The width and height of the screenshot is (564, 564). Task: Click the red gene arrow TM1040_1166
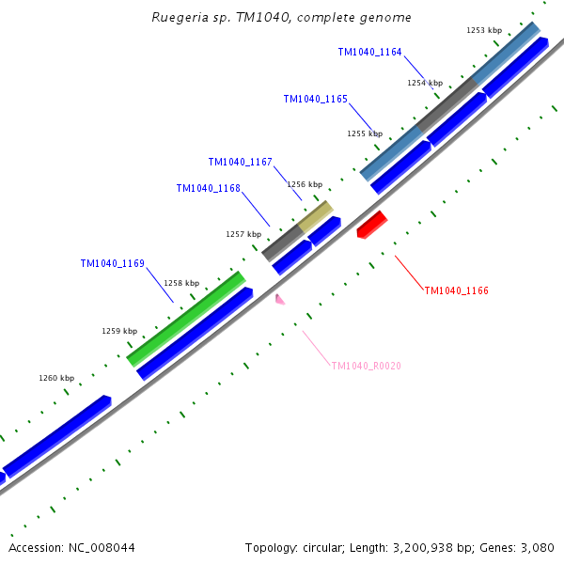click(372, 225)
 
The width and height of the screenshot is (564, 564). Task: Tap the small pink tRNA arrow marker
click(279, 299)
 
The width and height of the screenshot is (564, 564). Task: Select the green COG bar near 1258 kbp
click(186, 318)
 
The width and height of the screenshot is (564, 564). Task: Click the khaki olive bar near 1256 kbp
click(316, 216)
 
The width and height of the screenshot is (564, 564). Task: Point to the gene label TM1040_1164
click(369, 52)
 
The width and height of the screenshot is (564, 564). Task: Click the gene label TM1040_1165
click(315, 99)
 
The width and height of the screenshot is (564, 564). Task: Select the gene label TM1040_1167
click(240, 162)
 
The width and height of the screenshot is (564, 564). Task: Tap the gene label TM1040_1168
click(208, 188)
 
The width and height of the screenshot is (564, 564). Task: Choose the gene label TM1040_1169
click(112, 263)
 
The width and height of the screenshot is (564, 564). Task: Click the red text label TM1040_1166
click(456, 290)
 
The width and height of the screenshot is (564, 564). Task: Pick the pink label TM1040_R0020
click(366, 366)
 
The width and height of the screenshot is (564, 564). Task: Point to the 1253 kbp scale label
click(483, 30)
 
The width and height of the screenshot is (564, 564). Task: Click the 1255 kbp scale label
click(364, 133)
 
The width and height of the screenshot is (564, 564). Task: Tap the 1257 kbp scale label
click(243, 234)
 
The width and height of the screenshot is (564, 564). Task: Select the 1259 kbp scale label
click(119, 331)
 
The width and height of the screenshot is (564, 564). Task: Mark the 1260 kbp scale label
click(55, 378)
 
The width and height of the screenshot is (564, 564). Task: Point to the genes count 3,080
click(535, 547)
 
